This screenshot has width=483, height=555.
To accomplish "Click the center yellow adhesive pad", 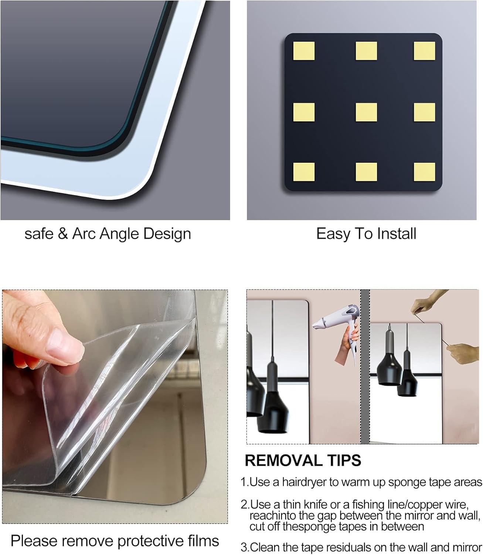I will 366,112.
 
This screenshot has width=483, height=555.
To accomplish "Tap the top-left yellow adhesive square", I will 304,51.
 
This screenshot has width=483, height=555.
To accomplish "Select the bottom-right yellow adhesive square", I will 424,172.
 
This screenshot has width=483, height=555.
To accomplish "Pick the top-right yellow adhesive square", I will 424,51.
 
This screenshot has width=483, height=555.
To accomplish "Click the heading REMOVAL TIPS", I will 303,461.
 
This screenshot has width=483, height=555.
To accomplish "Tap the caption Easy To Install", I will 366,234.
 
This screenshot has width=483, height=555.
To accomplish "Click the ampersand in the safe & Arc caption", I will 62,234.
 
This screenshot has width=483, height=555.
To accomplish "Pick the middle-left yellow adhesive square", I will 304,112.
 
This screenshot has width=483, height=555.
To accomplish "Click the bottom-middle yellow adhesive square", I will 366,172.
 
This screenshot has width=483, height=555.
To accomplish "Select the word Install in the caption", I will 397,234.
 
